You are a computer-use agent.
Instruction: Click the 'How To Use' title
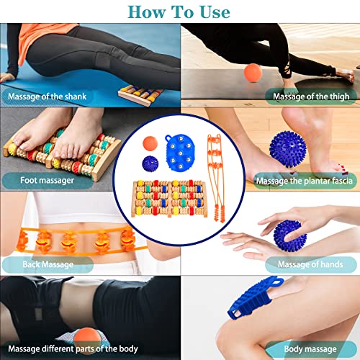point(180,12)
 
